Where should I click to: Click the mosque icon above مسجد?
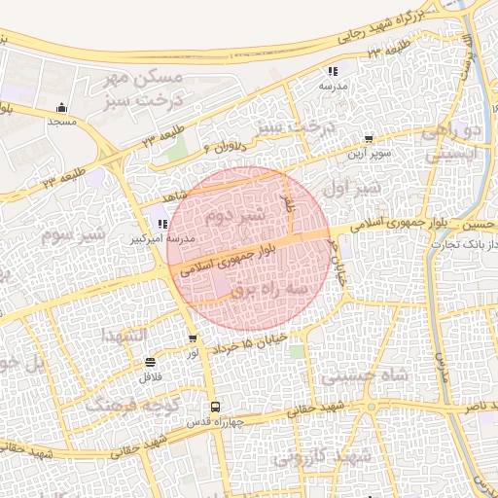63,107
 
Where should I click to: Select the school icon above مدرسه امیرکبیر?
160,224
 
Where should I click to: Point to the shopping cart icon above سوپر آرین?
368,140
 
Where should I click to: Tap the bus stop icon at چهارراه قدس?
214,408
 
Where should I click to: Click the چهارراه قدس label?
215,422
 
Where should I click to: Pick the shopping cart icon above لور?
193,339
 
